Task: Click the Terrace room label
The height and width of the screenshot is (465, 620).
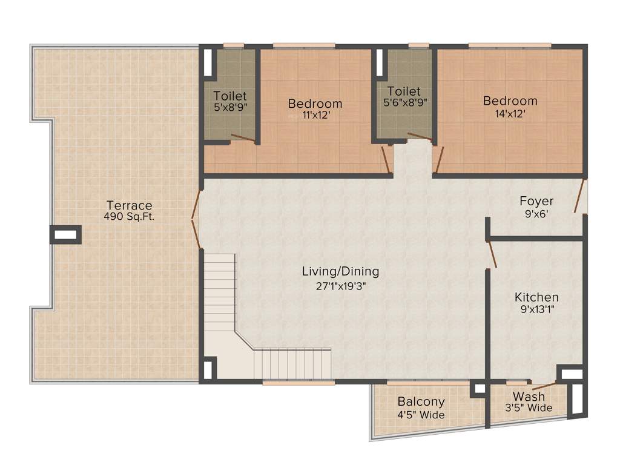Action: (129, 205)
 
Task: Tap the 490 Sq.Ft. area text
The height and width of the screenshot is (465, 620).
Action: (129, 216)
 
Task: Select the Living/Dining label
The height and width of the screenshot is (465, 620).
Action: (340, 272)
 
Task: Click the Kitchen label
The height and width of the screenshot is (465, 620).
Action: (536, 297)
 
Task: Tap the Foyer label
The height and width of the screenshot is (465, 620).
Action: (536, 201)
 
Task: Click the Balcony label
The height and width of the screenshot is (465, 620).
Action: (421, 402)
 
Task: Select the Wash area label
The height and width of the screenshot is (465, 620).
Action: (529, 397)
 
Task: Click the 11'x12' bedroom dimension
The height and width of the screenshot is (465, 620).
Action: (315, 115)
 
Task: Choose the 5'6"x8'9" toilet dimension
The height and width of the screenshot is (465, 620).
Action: (404, 102)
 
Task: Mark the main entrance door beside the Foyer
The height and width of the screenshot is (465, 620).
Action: (581, 196)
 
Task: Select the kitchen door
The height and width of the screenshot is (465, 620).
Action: (492, 254)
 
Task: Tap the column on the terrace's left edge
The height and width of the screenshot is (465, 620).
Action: (65, 234)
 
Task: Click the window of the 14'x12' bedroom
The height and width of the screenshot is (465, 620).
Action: (509, 45)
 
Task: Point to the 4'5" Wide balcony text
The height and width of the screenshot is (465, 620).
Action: (421, 415)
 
